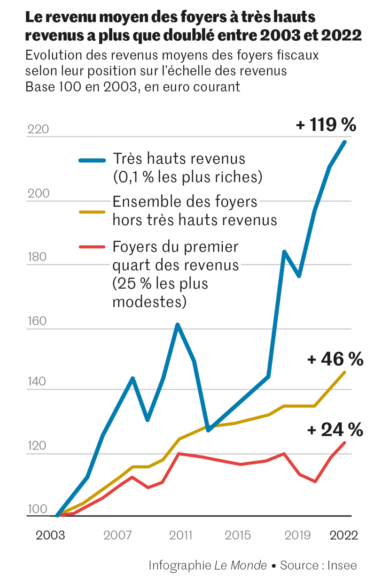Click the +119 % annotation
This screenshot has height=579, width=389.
pos(326,125)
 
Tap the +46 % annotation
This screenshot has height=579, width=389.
pos(335,359)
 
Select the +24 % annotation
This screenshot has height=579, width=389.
pos(335,429)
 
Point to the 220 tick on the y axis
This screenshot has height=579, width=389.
pos(38,130)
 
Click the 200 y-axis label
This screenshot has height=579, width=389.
pos(38,194)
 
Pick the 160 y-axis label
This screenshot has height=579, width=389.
pos(37,321)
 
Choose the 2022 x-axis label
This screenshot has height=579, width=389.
pos(344,535)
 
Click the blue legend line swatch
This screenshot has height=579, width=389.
pos(92,160)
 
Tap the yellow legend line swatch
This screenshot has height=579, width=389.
pos(92,212)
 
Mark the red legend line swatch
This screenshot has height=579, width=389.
pos(92,247)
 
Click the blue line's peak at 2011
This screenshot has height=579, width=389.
pos(178,325)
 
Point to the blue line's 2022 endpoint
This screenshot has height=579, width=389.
pos(345,142)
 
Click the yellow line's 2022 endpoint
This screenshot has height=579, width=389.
pos(345,372)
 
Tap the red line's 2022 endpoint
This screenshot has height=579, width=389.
pos(345,442)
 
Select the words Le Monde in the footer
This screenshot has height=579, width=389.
pos(241,565)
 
